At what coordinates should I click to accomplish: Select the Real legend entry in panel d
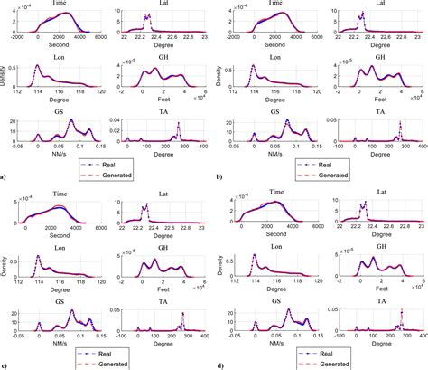tap(312, 348)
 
